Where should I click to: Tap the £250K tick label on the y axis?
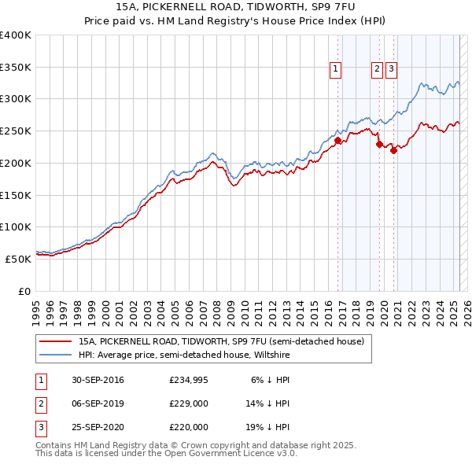tap(16, 131)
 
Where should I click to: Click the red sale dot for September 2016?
tap(337, 141)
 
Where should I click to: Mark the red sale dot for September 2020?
tap(393, 150)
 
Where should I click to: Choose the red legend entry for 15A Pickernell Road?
tap(220, 342)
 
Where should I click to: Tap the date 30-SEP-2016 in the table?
tap(98, 381)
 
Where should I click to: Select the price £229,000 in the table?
tap(189, 404)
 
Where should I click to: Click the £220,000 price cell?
tap(189, 428)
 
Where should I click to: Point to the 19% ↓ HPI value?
tap(267, 428)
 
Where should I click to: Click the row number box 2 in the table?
tap(40, 404)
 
